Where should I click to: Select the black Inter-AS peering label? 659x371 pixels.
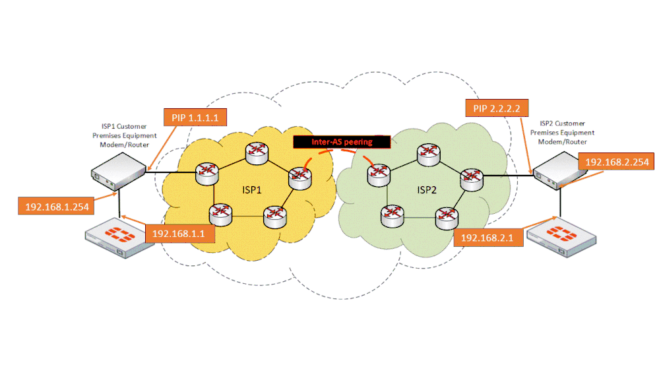(342, 141)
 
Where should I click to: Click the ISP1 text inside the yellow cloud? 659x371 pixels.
(252, 190)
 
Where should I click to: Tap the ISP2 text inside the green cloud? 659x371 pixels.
(428, 190)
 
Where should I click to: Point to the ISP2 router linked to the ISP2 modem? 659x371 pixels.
(472, 178)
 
